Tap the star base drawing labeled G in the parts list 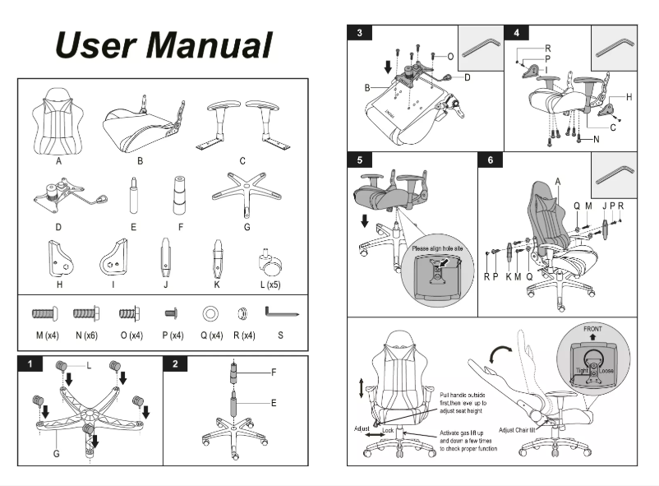coord(246,192)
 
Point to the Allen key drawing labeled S coord(280,312)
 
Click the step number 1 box coord(30,363)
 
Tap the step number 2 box coord(175,363)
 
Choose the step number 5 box coord(360,160)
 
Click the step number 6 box coord(490,160)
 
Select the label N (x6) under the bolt coord(86,336)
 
